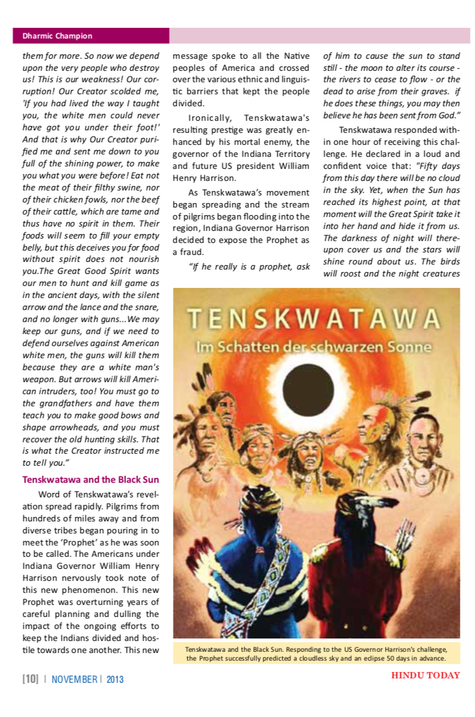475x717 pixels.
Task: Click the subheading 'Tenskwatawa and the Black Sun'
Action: [x=91, y=478]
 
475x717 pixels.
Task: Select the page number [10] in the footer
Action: [x=30, y=680]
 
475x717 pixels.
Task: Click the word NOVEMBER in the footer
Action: [x=74, y=680]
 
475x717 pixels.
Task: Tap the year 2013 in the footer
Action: [x=115, y=680]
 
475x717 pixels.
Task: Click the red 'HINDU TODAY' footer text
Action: [x=425, y=675]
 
